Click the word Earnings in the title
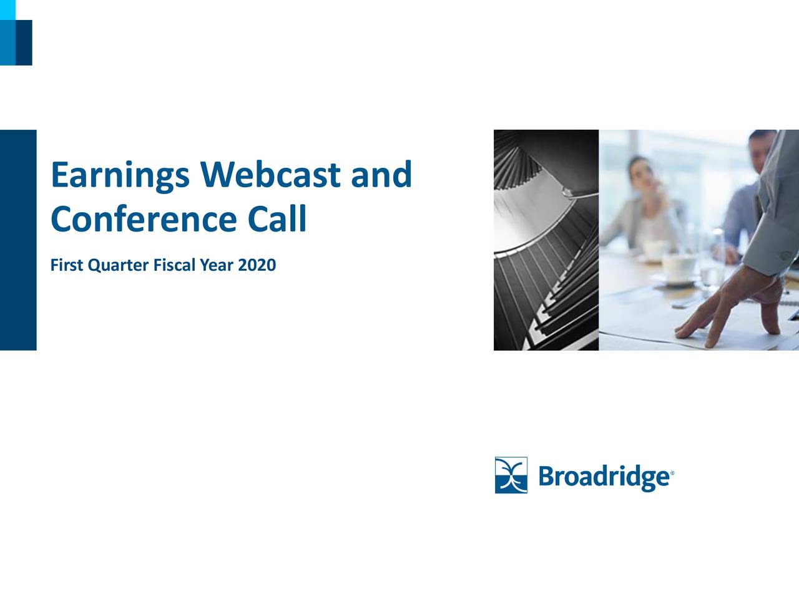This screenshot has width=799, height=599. (x=120, y=176)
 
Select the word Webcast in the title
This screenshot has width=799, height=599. (x=270, y=174)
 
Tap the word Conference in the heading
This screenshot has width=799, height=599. (x=144, y=219)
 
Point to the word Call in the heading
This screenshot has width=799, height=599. (x=277, y=218)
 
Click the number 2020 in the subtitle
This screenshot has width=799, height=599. (x=257, y=265)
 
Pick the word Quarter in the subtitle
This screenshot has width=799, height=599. (x=119, y=266)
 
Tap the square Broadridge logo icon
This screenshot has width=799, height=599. (x=511, y=475)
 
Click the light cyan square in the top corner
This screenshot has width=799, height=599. (x=7, y=10)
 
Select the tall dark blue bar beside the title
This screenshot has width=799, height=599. (x=18, y=240)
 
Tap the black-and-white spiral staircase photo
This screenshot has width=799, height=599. (x=546, y=240)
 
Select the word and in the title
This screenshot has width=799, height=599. (x=381, y=174)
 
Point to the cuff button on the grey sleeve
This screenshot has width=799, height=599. (x=786, y=255)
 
